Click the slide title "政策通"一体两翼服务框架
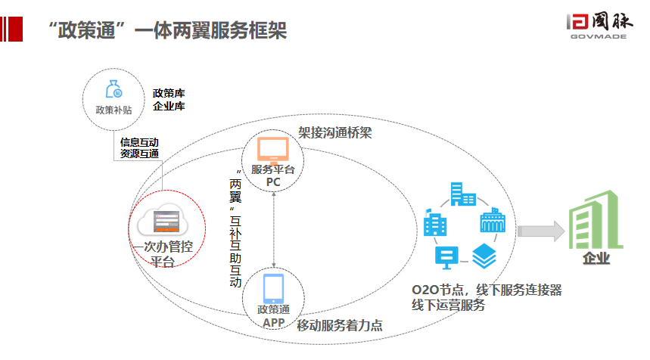tap(166, 31)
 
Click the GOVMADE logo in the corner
tap(598, 29)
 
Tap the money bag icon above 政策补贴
tap(114, 90)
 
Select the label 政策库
tap(169, 94)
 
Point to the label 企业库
tap(169, 107)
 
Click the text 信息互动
tap(139, 142)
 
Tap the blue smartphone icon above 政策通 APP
tap(273, 288)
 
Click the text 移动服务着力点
tap(339, 326)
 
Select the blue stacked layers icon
tap(484, 255)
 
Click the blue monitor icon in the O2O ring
tap(446, 258)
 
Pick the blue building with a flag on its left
tap(435, 223)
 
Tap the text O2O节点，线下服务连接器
tap(486, 290)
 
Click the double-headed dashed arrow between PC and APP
tap(273, 227)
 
